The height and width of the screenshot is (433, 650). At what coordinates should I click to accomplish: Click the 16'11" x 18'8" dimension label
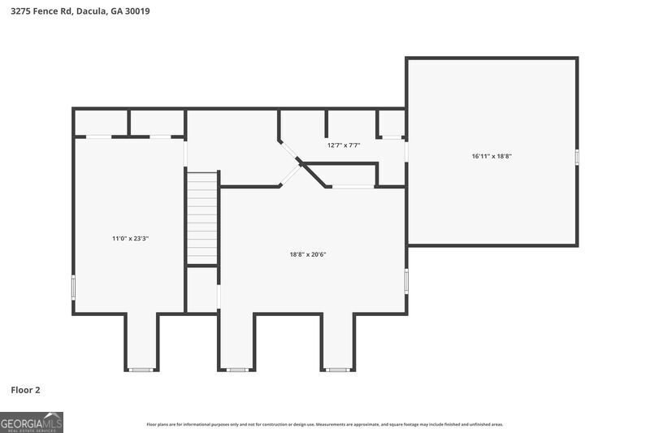click(x=492, y=156)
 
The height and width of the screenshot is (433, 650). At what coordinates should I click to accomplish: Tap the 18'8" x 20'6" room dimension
click(x=308, y=254)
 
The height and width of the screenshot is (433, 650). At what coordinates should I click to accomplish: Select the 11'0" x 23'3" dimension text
click(x=130, y=238)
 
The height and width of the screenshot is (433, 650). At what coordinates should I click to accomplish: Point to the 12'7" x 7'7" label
click(x=344, y=145)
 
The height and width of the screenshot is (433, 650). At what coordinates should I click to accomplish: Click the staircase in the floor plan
click(x=202, y=218)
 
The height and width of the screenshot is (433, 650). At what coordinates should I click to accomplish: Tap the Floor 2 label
click(x=25, y=390)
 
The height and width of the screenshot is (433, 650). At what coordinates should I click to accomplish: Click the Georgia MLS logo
click(x=32, y=422)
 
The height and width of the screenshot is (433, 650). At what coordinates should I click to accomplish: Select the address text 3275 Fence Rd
click(x=42, y=11)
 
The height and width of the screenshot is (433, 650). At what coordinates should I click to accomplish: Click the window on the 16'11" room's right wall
click(x=577, y=158)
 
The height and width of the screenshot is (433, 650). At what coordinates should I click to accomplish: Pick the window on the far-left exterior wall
click(x=73, y=287)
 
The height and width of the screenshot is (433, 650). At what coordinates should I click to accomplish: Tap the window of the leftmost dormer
click(x=141, y=370)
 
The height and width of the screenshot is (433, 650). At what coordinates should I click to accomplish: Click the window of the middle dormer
click(x=236, y=370)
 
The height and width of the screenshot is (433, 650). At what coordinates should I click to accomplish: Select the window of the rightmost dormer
click(x=338, y=370)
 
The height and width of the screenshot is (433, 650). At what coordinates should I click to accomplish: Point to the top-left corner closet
click(x=101, y=123)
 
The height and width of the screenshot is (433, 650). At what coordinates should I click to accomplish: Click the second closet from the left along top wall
click(x=157, y=123)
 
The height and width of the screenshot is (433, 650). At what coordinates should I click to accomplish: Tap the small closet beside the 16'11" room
click(x=392, y=123)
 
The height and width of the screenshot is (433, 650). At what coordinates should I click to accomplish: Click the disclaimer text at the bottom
click(x=324, y=424)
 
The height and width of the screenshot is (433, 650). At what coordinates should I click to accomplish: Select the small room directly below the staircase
click(x=202, y=289)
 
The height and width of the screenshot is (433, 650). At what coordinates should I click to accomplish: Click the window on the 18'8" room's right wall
click(x=406, y=281)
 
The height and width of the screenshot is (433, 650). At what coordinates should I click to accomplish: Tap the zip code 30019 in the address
click(x=137, y=11)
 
